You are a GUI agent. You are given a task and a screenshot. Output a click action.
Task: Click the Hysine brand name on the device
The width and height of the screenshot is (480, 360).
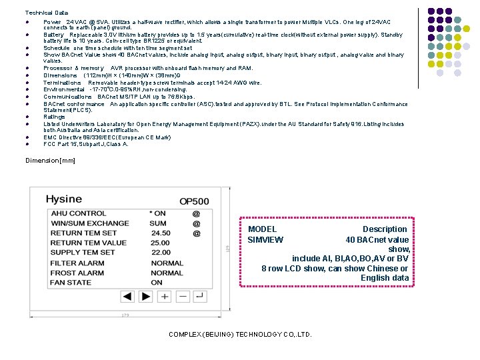pos(63,199)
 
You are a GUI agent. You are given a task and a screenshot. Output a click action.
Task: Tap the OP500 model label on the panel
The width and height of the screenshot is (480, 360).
pos(194,201)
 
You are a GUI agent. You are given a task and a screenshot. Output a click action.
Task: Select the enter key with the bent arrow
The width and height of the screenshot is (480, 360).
pos(200,295)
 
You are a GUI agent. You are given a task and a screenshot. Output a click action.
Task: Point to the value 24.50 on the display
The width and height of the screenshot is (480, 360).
pos(161,233)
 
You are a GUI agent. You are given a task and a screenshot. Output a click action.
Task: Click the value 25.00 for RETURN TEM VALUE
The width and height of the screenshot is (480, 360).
pos(161,243)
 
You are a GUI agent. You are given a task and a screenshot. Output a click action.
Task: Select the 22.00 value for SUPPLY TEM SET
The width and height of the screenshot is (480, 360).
pos(161,253)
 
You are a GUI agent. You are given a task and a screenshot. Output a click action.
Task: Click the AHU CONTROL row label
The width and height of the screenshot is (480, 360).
pos(79,213)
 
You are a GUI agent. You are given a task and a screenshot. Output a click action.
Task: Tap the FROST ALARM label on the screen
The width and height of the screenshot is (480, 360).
pos(77,273)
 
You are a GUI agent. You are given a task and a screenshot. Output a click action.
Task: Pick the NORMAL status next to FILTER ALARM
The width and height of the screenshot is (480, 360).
pos(167,263)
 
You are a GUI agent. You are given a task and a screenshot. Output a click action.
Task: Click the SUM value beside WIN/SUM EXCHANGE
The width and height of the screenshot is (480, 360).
pos(158,223)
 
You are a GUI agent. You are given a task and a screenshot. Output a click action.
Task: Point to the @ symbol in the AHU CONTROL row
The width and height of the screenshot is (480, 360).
pos(196,214)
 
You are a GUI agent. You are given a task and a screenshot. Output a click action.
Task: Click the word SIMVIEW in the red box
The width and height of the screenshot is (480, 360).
pos(265,240)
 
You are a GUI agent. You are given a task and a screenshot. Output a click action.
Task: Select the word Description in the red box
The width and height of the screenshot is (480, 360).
pos(385,229)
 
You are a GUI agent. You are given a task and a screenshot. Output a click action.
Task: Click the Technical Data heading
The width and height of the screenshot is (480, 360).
pos(47,13)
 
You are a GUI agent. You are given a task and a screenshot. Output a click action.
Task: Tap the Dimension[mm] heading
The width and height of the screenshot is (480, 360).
pos(51,161)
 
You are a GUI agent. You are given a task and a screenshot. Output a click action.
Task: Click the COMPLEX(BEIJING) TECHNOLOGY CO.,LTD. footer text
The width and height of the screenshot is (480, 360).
pos(240,335)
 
